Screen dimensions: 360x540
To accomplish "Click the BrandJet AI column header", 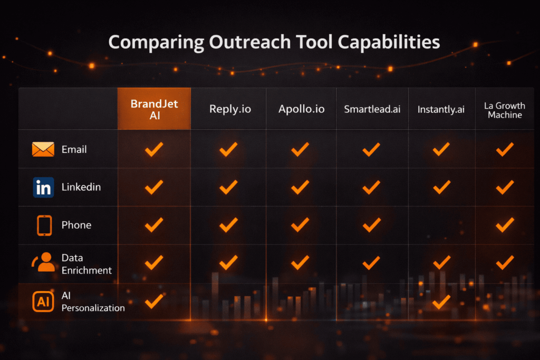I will click(154, 109).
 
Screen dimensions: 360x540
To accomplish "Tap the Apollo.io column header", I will click(301, 110).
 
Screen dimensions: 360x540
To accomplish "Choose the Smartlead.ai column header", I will click(372, 110).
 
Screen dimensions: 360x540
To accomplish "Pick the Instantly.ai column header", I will click(441, 110).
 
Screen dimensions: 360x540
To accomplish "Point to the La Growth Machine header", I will click(505, 110).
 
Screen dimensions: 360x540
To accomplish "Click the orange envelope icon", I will click(43, 149).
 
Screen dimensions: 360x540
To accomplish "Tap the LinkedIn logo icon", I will click(43, 187).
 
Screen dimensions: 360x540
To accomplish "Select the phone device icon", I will click(44, 225).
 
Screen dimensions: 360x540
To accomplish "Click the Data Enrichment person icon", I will click(44, 262).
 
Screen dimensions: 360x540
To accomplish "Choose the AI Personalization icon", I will click(43, 301).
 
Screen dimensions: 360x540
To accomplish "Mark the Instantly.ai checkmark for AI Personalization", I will click(441, 301).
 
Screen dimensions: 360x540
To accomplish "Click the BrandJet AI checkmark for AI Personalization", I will click(154, 301).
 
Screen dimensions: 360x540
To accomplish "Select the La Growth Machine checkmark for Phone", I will click(505, 225).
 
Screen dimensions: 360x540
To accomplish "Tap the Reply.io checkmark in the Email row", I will click(228, 149).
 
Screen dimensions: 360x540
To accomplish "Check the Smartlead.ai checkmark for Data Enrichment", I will click(371, 262).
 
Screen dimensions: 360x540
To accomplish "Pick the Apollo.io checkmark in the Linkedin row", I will click(300, 187).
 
